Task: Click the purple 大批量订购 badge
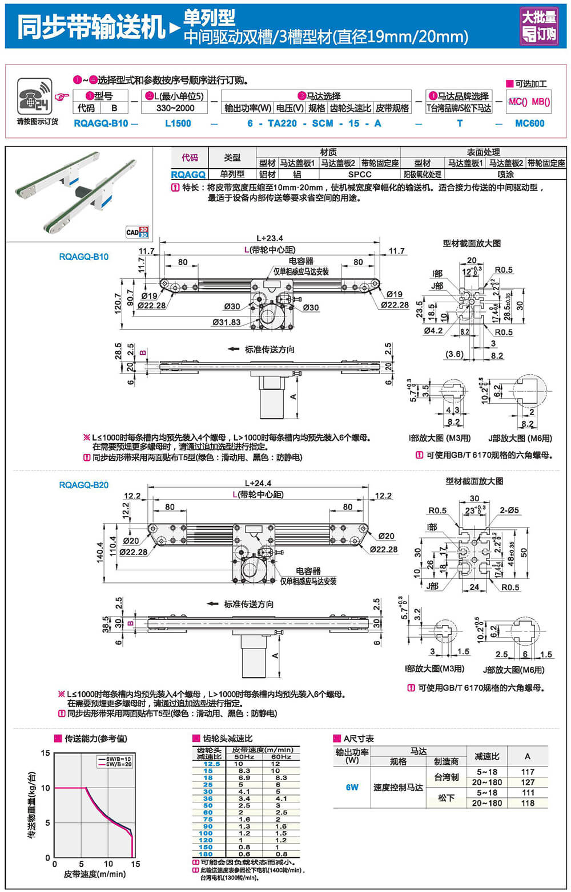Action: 539,26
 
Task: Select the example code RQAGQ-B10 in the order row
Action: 101,123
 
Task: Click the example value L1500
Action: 178,123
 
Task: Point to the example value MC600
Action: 529,123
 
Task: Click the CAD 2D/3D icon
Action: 136,232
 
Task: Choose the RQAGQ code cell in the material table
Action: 188,175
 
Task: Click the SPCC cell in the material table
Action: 359,175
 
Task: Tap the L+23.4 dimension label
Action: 270,238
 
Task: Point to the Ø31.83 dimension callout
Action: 226,322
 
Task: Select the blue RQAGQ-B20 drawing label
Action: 83,485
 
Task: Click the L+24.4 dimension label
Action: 258,483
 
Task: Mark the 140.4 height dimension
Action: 100,552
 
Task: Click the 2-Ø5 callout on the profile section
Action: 509,510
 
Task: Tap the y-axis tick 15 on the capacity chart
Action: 46,753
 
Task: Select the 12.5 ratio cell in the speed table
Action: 211,764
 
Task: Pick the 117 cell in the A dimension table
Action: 528,772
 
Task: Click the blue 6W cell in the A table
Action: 352,787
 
